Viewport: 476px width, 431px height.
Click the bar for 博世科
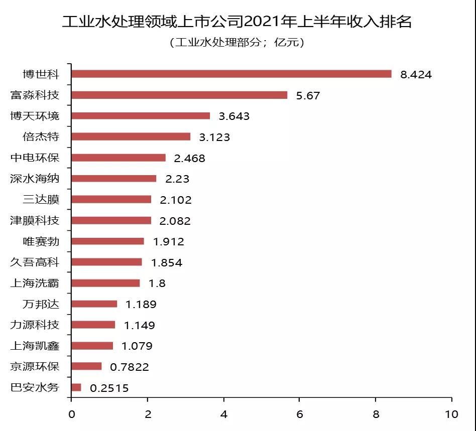click(231, 74)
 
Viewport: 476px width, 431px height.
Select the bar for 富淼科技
click(179, 95)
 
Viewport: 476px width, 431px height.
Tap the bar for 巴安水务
click(76, 387)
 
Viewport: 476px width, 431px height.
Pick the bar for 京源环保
click(86, 366)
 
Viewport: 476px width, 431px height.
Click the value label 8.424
click(416, 75)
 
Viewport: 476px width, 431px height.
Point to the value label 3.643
click(234, 116)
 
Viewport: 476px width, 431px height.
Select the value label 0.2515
click(109, 388)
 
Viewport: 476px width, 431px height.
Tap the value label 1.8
click(157, 283)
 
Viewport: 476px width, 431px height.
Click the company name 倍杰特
click(41, 137)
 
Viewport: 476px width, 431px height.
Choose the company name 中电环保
click(35, 158)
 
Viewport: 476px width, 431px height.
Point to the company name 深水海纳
click(35, 179)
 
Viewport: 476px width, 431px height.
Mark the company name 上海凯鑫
click(35, 346)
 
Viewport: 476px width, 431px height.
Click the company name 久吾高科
click(35, 262)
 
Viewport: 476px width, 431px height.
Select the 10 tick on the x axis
click(451, 414)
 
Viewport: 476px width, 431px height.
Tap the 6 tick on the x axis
click(299, 414)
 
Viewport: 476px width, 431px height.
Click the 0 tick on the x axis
click(71, 414)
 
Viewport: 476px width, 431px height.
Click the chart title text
click(237, 22)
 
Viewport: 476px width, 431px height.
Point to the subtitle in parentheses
click(237, 43)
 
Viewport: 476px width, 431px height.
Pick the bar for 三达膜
click(111, 199)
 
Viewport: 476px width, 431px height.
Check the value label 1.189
click(141, 304)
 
